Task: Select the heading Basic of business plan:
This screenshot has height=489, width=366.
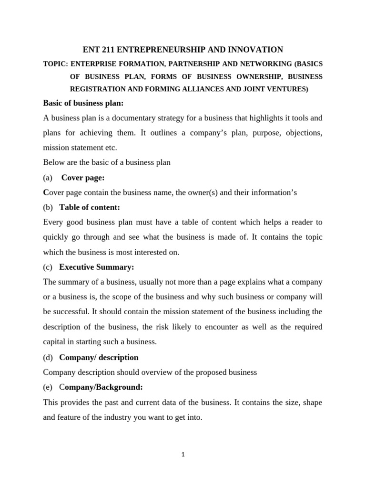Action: pyautogui.click(x=83, y=103)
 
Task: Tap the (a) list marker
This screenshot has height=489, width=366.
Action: pyautogui.click(x=47, y=178)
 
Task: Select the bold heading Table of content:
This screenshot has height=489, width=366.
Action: pyautogui.click(x=90, y=207)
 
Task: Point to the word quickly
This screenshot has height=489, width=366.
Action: pyautogui.click(x=56, y=237)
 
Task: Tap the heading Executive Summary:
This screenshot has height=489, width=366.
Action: pyautogui.click(x=97, y=267)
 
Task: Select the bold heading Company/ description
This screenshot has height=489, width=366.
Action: pyautogui.click(x=99, y=357)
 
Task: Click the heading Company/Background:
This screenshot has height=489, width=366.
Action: pyautogui.click(x=101, y=387)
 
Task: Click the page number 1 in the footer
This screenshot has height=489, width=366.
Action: pyautogui.click(x=183, y=455)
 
